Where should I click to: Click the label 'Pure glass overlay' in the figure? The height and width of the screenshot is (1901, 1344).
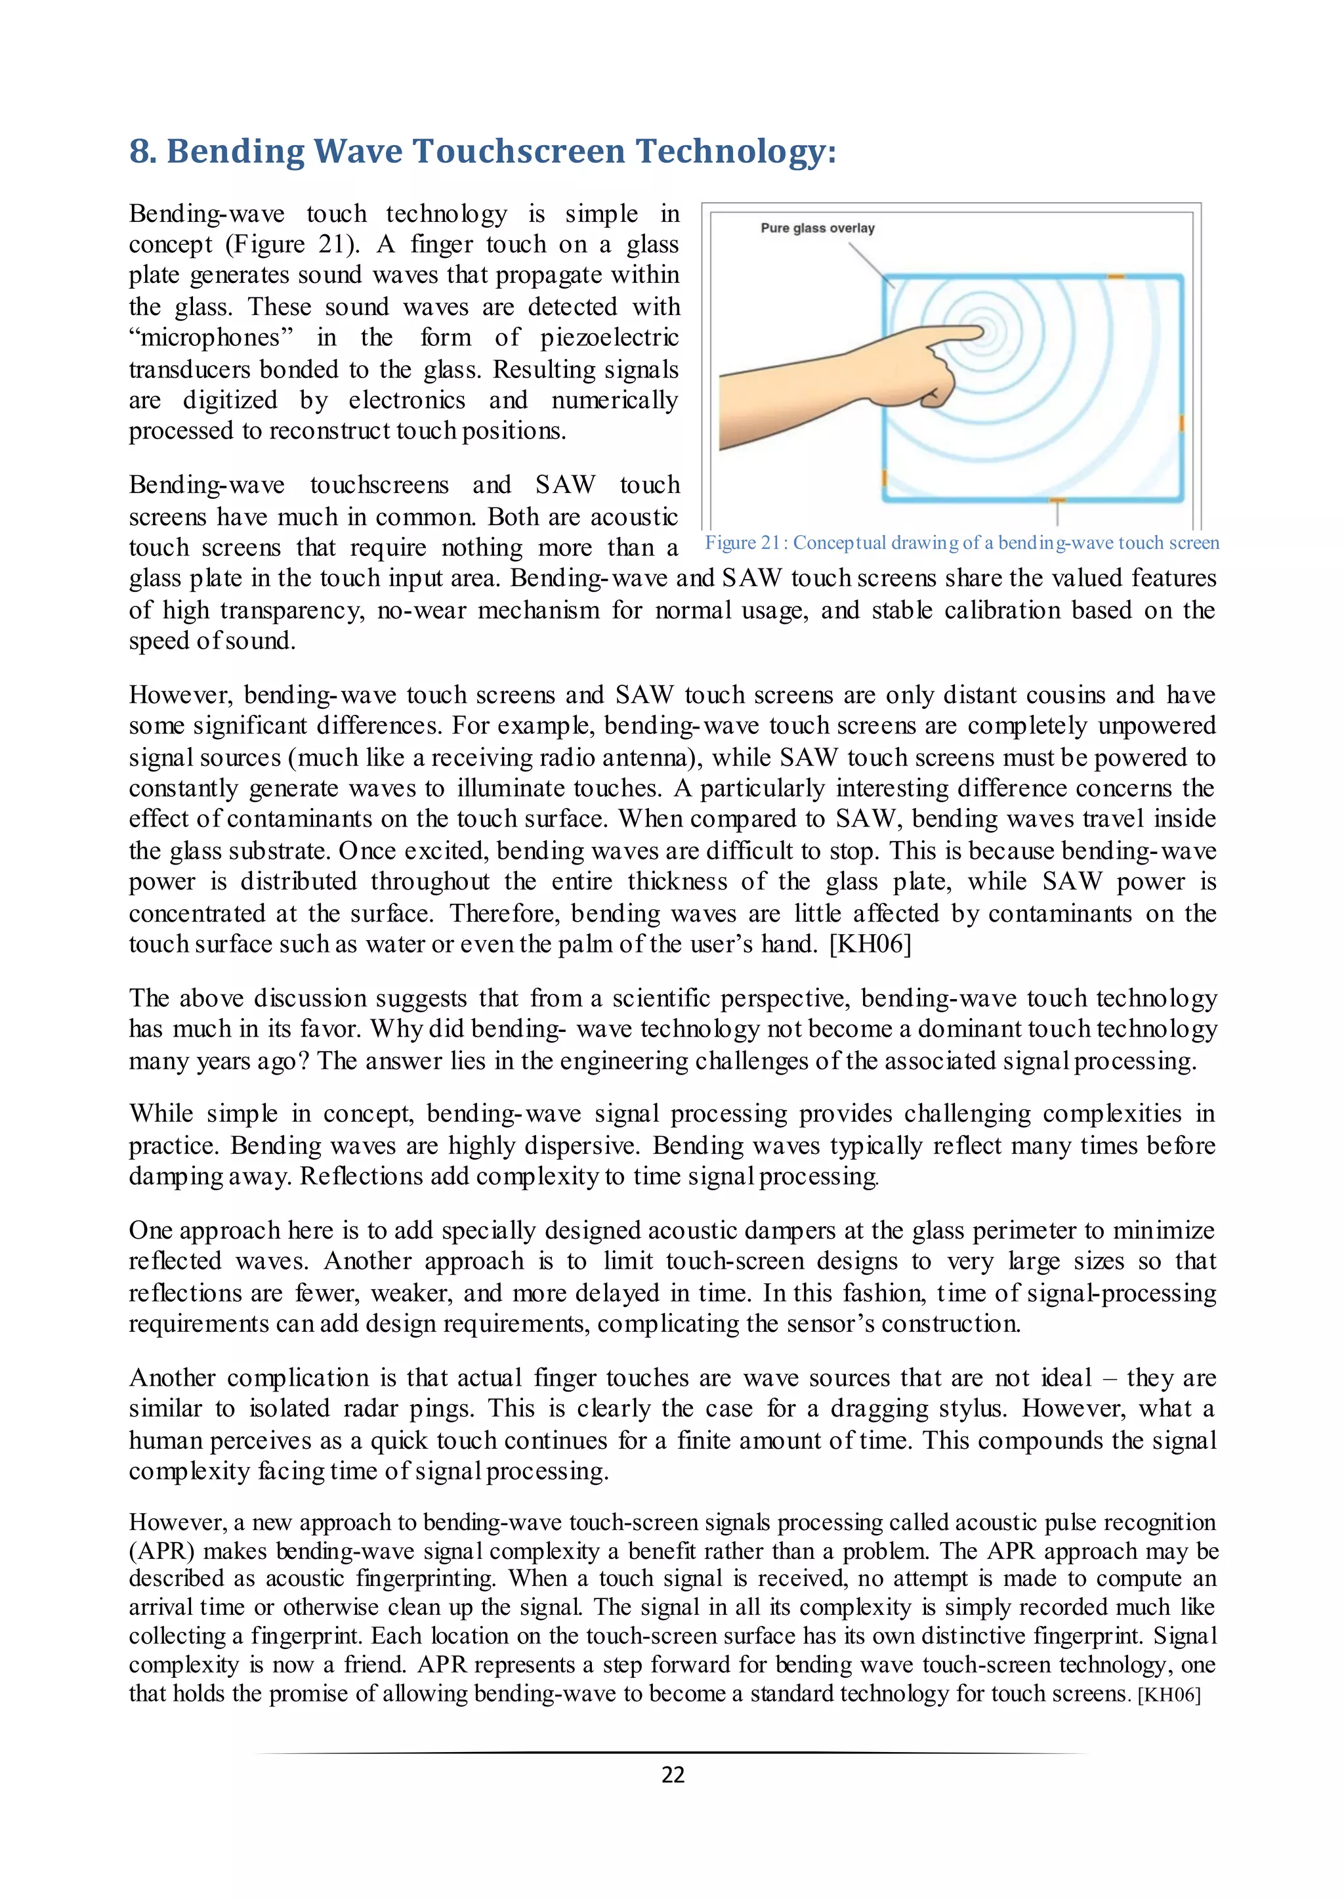(x=817, y=228)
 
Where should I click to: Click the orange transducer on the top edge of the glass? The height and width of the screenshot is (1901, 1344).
(x=1116, y=276)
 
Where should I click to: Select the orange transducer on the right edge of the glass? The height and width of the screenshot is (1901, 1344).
(x=1182, y=423)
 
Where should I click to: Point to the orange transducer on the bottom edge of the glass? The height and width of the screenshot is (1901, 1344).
(x=1057, y=500)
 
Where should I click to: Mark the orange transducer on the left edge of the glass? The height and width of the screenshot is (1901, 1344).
(x=885, y=479)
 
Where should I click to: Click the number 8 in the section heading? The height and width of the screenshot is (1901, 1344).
(x=140, y=152)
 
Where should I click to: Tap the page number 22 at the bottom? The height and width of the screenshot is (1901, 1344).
(x=673, y=1774)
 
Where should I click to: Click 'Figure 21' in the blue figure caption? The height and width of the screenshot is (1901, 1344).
(x=742, y=543)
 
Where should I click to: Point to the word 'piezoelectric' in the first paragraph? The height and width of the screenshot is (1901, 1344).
(x=609, y=338)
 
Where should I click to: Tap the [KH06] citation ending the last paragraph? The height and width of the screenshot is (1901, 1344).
(x=1169, y=1694)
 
